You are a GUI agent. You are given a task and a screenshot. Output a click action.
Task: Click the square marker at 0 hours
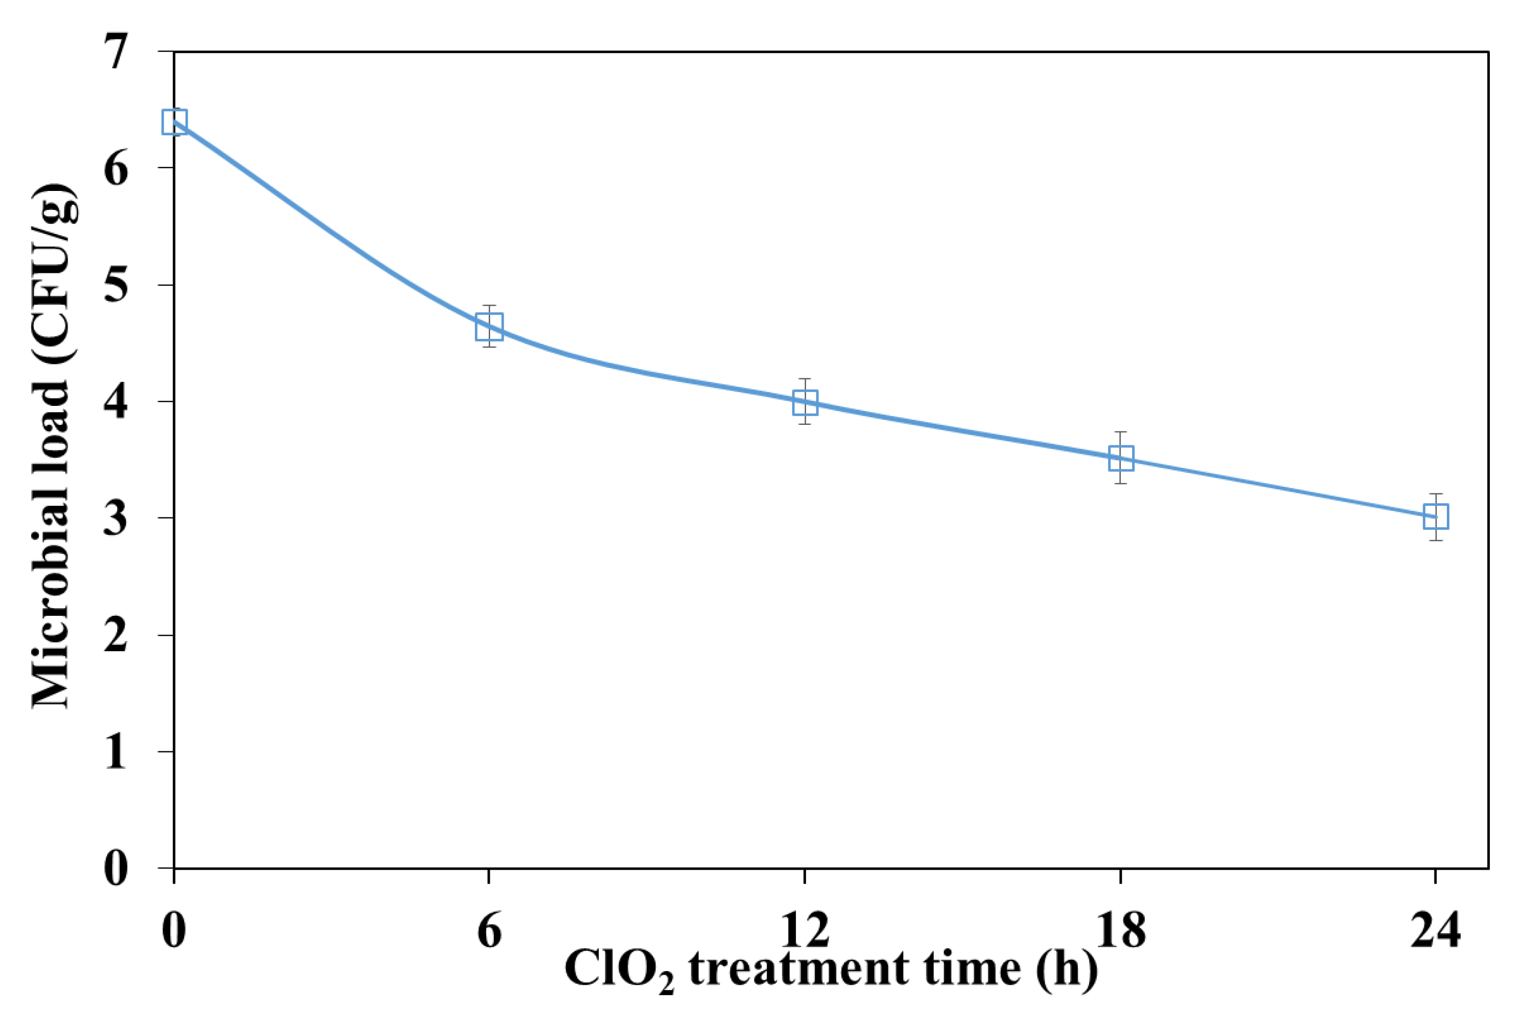(x=175, y=121)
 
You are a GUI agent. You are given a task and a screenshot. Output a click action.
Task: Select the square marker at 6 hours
(x=489, y=326)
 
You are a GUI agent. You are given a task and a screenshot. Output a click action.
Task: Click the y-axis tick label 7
(x=116, y=52)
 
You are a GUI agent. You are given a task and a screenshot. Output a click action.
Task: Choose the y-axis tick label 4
(x=116, y=402)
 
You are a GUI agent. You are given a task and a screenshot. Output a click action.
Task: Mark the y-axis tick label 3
(x=116, y=518)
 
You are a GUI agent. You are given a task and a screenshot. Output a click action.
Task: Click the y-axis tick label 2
(x=116, y=635)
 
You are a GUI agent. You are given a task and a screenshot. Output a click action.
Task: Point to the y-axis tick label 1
(x=116, y=751)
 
